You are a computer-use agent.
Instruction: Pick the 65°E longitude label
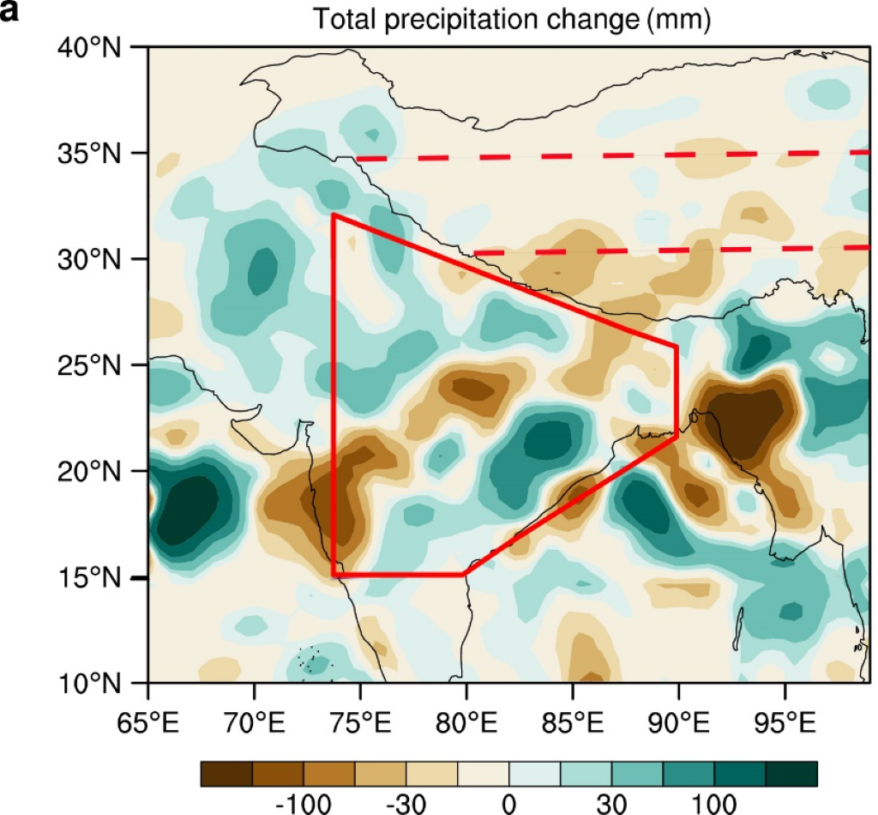(x=149, y=714)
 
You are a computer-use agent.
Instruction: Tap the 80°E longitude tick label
(x=466, y=714)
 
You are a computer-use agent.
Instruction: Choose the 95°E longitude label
(x=783, y=714)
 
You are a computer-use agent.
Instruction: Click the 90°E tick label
(x=677, y=714)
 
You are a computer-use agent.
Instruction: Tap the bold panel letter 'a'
(x=9, y=11)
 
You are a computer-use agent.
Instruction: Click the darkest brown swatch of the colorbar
(x=226, y=773)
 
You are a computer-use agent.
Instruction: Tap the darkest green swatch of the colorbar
(x=791, y=773)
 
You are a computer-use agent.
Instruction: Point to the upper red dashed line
(x=600, y=156)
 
